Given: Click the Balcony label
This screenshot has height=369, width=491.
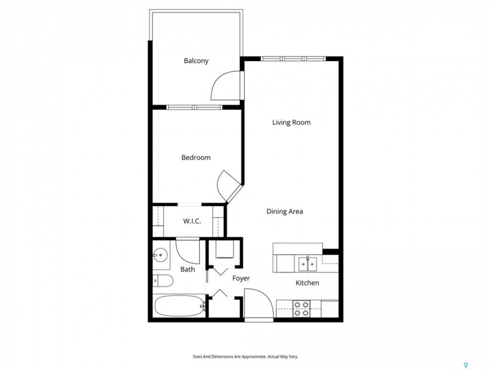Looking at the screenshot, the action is pos(196,61).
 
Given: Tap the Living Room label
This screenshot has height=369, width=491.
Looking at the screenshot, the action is pos(291,122).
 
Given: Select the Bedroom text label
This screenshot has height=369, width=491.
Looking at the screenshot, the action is pos(196,157).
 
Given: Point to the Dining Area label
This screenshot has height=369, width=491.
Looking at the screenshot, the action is pos(285,212).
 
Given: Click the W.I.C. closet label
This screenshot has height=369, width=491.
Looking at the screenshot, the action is pos(192,221).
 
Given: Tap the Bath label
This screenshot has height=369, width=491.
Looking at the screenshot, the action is pos(188,269).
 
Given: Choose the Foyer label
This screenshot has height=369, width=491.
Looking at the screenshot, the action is pos(241,278).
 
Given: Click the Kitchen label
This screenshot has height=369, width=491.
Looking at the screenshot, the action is pos(307,283).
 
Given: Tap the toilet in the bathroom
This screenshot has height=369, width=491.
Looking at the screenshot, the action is pos(163,280).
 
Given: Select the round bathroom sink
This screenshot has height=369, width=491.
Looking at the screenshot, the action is pos(160,255).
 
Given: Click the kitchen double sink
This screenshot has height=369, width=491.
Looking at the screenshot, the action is pos(307,263).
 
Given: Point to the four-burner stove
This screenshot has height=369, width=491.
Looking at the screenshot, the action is pos(302,309).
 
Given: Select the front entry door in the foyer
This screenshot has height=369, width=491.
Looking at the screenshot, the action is pos(258,304).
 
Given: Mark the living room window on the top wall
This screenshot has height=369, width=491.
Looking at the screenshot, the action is pos(293,58).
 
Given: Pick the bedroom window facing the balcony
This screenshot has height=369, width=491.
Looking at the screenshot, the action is pos(194,107).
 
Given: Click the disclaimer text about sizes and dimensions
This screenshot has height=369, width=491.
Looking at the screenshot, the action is pos(245,357).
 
